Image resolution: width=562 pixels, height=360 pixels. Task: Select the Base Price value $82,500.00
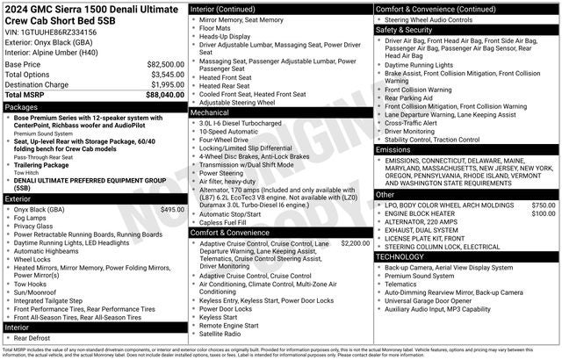click(165, 64)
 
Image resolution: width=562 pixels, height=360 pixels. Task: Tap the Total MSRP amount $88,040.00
click(165, 94)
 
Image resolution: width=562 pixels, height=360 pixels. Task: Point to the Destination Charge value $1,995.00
click(166, 84)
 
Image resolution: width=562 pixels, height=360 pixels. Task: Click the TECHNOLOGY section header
click(400, 256)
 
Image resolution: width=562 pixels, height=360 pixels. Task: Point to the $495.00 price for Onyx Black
click(172, 210)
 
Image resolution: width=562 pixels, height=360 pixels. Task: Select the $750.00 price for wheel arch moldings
click(543, 205)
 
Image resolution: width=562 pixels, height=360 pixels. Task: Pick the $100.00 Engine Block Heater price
click(543, 213)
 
